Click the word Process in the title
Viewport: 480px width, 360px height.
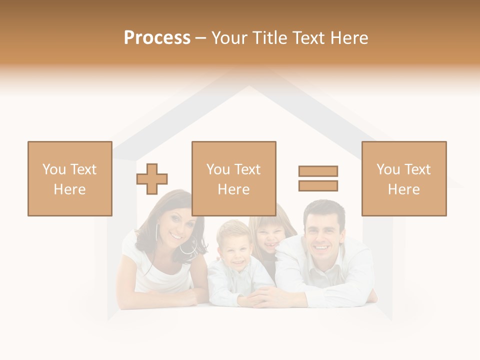[157, 38]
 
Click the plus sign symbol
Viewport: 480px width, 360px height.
[152, 179]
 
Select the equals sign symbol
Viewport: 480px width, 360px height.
[318, 178]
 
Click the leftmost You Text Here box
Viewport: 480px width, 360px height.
[70, 178]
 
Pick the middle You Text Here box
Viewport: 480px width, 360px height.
[233, 178]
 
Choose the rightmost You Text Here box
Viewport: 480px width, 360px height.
[404, 178]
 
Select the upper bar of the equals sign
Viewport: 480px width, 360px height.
[318, 171]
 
